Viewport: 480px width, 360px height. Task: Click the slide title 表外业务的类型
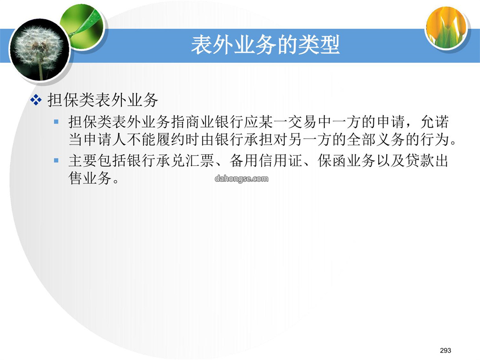pyautogui.click(x=265, y=45)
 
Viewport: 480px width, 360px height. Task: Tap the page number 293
pyautogui.click(x=445, y=350)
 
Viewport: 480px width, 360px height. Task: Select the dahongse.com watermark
pyautogui.click(x=241, y=179)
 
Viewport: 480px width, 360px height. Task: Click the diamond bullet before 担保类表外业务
pyautogui.click(x=36, y=100)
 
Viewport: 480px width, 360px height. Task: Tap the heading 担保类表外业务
pyautogui.click(x=103, y=100)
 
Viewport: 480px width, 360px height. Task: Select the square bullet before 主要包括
pyautogui.click(x=56, y=160)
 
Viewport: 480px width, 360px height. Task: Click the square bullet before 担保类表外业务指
pyautogui.click(x=56, y=122)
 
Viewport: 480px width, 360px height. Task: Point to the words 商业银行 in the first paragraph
pyautogui.click(x=215, y=122)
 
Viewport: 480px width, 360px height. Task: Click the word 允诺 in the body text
pyautogui.click(x=435, y=122)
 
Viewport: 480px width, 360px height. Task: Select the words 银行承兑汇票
pyautogui.click(x=171, y=161)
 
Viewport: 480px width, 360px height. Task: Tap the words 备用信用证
pyautogui.click(x=266, y=161)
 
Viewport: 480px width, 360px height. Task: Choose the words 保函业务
pyautogui.click(x=347, y=161)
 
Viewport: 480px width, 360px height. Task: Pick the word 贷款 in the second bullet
pyautogui.click(x=420, y=161)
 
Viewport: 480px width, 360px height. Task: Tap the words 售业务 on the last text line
pyautogui.click(x=90, y=178)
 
